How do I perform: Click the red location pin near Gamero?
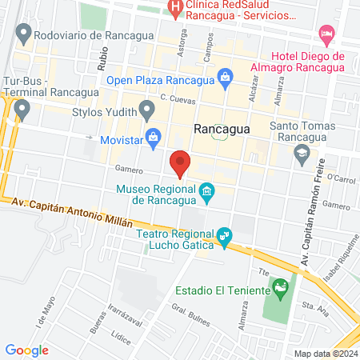(x=181, y=162)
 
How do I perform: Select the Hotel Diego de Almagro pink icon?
(x=326, y=33)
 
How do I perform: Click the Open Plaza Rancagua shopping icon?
(x=226, y=78)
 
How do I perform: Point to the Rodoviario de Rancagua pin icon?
(x=23, y=34)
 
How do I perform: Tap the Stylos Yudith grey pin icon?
(x=146, y=108)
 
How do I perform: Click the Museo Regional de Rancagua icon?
(x=207, y=191)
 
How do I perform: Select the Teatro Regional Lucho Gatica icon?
(x=225, y=235)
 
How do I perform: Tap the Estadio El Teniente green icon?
(x=280, y=286)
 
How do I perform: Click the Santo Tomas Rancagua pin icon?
(x=302, y=156)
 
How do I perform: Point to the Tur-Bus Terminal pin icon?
(x=22, y=107)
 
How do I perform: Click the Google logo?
(x=26, y=350)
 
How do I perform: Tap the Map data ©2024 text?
(x=326, y=354)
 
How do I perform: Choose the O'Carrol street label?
(x=339, y=177)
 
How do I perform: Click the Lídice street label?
(x=122, y=338)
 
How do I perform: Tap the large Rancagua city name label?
(x=222, y=129)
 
